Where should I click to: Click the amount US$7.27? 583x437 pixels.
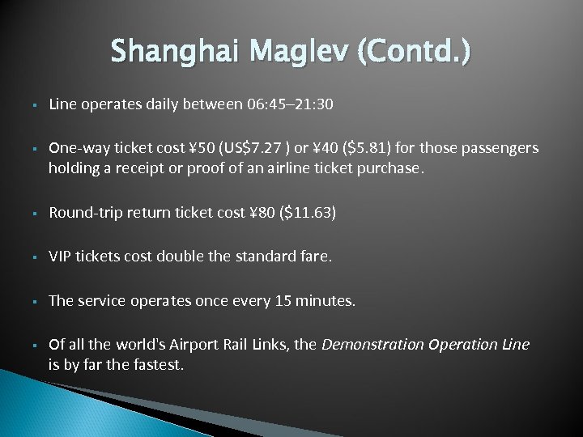tap(254, 148)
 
